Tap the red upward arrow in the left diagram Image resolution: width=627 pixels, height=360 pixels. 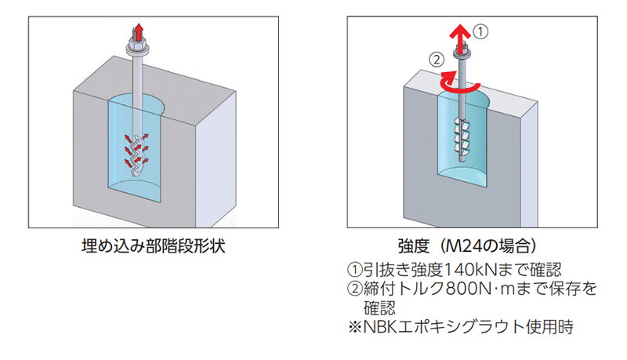(x=139, y=33)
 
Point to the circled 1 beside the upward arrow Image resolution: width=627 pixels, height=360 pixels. (x=483, y=33)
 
